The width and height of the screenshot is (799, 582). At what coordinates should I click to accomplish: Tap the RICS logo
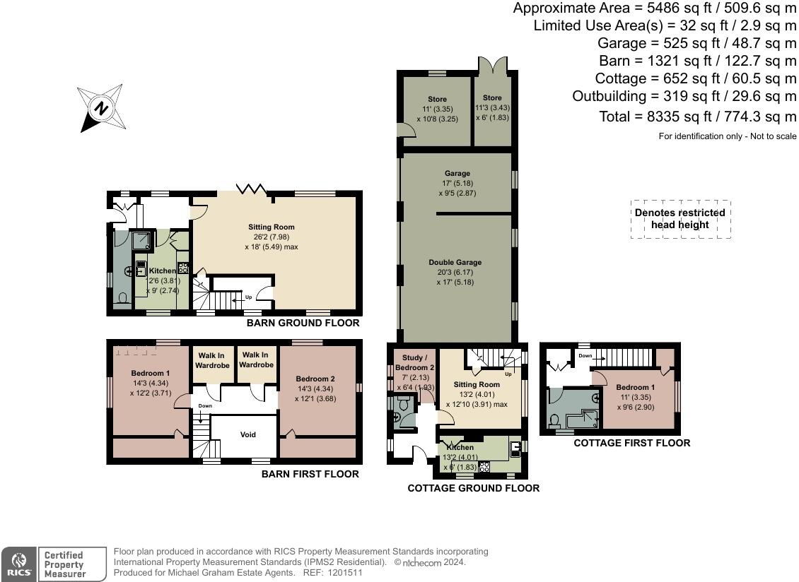17,564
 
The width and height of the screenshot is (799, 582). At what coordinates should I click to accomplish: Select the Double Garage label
456,263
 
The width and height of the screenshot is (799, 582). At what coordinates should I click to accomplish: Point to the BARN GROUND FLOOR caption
303,323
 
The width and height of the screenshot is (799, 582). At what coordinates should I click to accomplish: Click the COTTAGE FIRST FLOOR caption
631,443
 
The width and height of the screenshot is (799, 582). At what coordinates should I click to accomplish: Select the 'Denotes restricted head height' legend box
680,218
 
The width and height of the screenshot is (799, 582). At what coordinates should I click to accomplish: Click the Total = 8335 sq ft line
697,117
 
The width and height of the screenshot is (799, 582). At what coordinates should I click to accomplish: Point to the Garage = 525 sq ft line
697,43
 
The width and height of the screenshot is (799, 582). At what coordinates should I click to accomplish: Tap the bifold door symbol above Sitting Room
250,189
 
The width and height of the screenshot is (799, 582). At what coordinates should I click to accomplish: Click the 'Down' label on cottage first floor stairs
585,356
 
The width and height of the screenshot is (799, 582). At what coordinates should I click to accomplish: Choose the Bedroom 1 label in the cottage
634,387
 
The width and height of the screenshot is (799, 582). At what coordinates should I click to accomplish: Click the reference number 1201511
343,573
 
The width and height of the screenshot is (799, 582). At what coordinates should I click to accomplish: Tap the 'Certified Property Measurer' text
64,564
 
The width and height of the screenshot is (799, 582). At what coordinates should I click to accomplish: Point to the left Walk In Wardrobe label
213,360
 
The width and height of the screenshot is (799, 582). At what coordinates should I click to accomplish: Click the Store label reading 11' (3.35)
437,109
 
